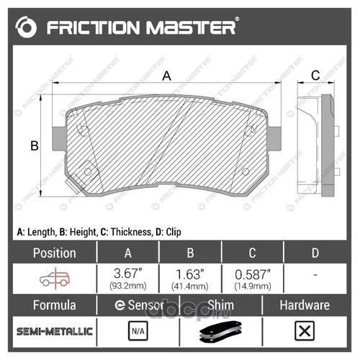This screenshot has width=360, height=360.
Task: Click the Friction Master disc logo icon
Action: tap(26, 27)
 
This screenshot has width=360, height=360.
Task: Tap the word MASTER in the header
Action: tap(191, 27)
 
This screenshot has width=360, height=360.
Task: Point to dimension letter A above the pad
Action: tap(166, 76)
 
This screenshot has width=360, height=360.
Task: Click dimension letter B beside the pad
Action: tap(35, 145)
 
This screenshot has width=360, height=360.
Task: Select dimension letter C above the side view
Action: tap(315, 76)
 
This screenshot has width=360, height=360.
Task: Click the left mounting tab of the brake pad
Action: tap(58, 139)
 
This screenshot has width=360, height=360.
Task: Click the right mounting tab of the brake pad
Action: tap(274, 139)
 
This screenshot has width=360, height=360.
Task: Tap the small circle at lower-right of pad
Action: tap(246, 171)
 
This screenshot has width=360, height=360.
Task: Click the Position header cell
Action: tap(55, 253)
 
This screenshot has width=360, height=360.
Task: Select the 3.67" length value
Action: tap(128, 274)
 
